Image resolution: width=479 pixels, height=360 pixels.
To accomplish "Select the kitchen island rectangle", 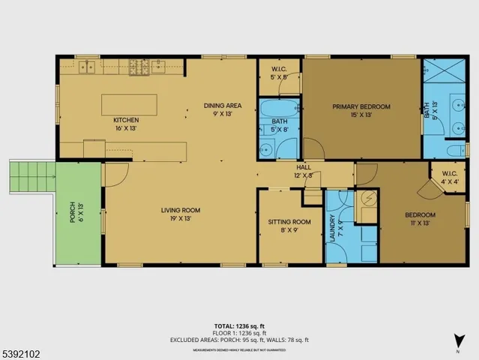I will click(x=130, y=104).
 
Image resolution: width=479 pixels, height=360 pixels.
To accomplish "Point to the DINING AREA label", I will click(x=223, y=106).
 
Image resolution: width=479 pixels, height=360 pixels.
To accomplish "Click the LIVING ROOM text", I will click(x=180, y=210).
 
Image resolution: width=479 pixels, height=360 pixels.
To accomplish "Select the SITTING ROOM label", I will click(x=289, y=222).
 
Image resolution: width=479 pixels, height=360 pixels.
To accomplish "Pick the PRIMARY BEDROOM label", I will click(x=361, y=107).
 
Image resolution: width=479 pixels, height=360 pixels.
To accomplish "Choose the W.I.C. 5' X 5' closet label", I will click(x=279, y=73).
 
